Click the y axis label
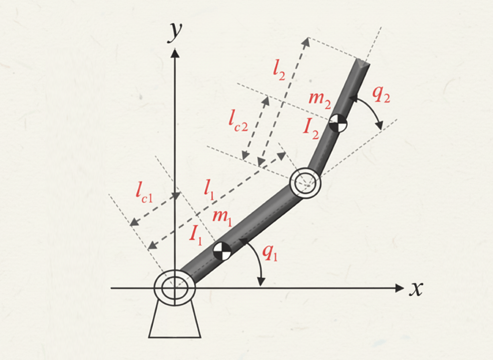pyautogui.click(x=175, y=32)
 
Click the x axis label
pyautogui.click(x=416, y=289)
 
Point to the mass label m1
pyautogui.click(x=222, y=218)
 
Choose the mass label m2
pyautogui.click(x=320, y=100)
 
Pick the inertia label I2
pyautogui.click(x=311, y=129)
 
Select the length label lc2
pyautogui.click(x=239, y=120)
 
